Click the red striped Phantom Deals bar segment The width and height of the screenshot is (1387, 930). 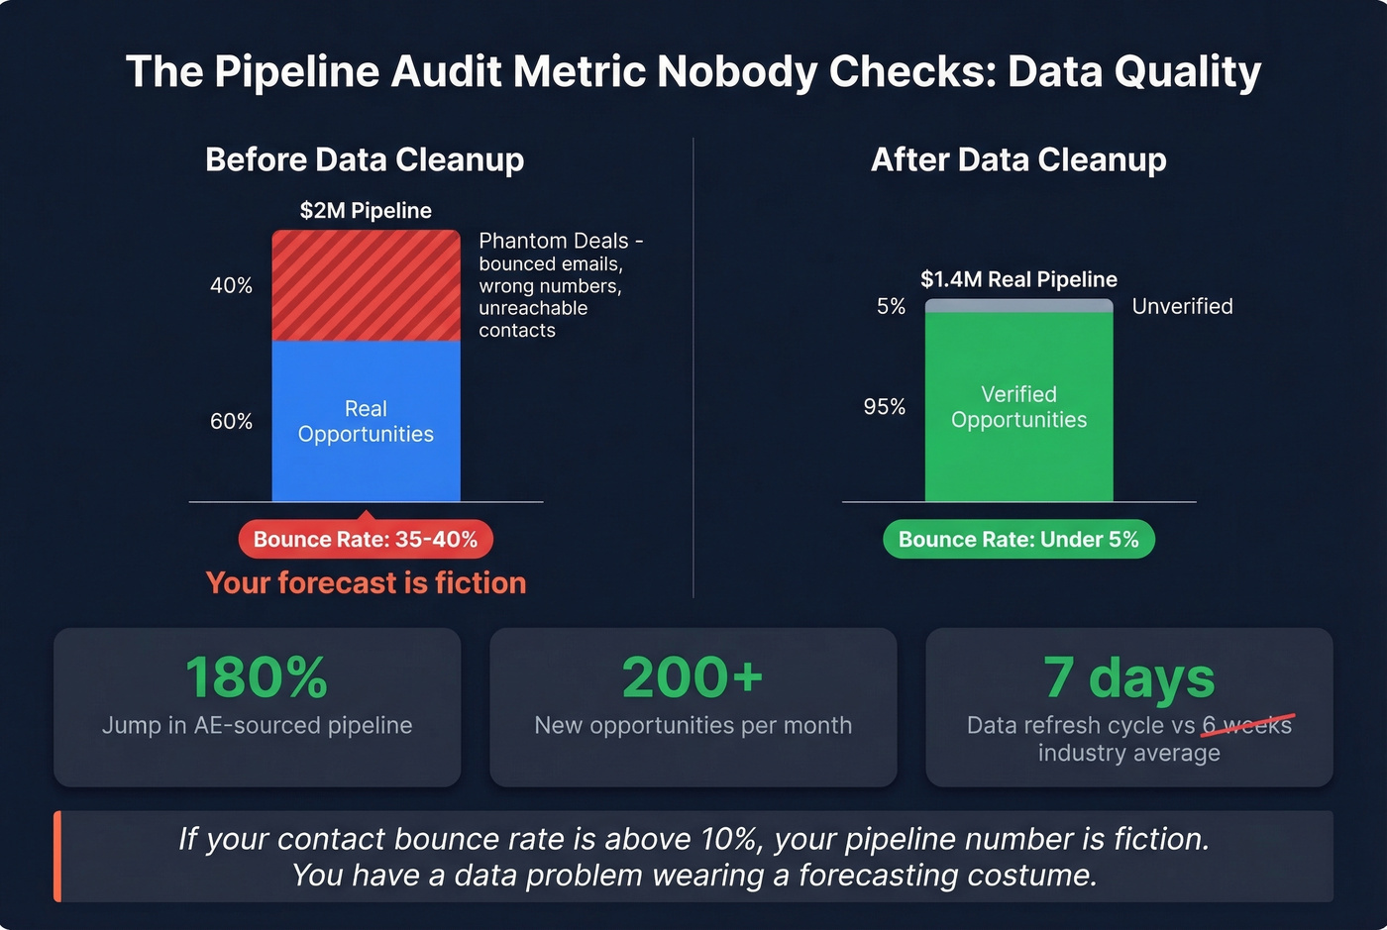pos(366,285)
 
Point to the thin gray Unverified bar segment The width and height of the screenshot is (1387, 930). pos(1018,306)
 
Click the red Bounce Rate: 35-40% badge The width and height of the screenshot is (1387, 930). pos(366,539)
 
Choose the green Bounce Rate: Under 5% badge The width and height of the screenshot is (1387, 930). pos(1018,539)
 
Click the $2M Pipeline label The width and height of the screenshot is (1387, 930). pos(366,210)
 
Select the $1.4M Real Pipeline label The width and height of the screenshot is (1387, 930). pos(1018,279)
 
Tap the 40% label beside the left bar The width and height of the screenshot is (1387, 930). pos(231,285)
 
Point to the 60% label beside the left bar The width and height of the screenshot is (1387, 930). pos(231,421)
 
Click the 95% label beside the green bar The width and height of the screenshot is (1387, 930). pos(884,407)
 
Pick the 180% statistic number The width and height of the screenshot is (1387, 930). pos(257,677)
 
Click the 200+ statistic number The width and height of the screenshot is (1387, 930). pos(693,677)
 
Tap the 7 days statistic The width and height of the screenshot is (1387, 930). pos(1128,677)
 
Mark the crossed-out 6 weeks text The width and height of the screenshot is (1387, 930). pos(1247,725)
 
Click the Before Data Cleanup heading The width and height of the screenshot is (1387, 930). pos(365,159)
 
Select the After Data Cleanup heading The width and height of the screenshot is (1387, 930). pos(1018,159)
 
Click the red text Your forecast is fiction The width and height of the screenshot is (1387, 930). pos(366,582)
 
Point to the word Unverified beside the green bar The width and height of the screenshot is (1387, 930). pos(1182,306)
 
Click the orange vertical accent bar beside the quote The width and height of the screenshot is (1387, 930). pos(57,857)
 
